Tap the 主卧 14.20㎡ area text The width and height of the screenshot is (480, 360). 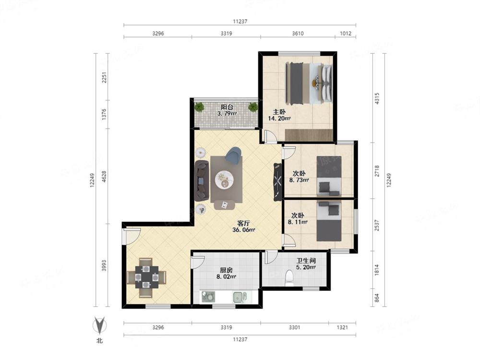(x=279, y=118)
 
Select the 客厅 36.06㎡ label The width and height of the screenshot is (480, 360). (x=244, y=227)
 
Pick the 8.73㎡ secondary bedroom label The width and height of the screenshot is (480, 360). (x=299, y=180)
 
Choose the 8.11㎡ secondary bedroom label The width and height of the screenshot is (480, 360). (x=298, y=222)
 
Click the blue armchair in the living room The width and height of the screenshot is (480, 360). (x=233, y=155)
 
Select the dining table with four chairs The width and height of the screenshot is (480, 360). (x=146, y=277)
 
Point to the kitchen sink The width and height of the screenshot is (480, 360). (x=240, y=297)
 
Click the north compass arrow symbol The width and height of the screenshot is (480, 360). (x=99, y=325)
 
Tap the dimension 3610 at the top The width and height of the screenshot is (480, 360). (x=298, y=34)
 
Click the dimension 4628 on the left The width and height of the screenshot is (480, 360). (x=104, y=177)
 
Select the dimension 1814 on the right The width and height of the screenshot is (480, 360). (x=377, y=270)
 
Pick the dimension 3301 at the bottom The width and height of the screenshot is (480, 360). (x=295, y=327)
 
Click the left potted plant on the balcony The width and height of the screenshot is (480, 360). (x=199, y=107)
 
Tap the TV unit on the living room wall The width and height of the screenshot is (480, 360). (x=277, y=182)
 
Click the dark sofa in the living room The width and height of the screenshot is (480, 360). (x=202, y=180)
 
